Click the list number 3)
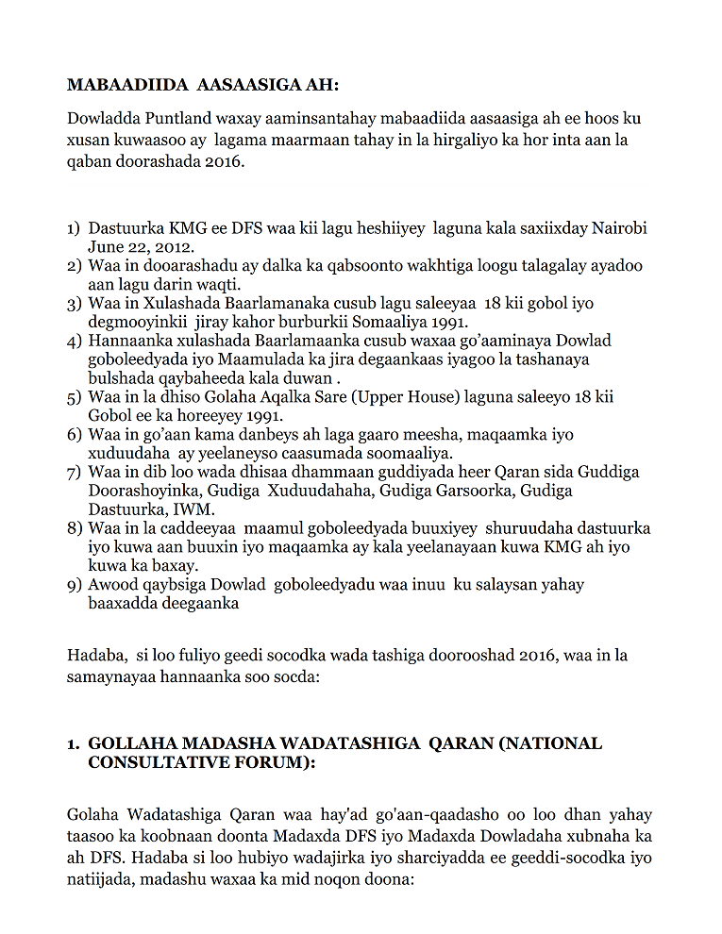tap(74, 304)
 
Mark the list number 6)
tap(74, 435)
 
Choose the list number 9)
tap(74, 585)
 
